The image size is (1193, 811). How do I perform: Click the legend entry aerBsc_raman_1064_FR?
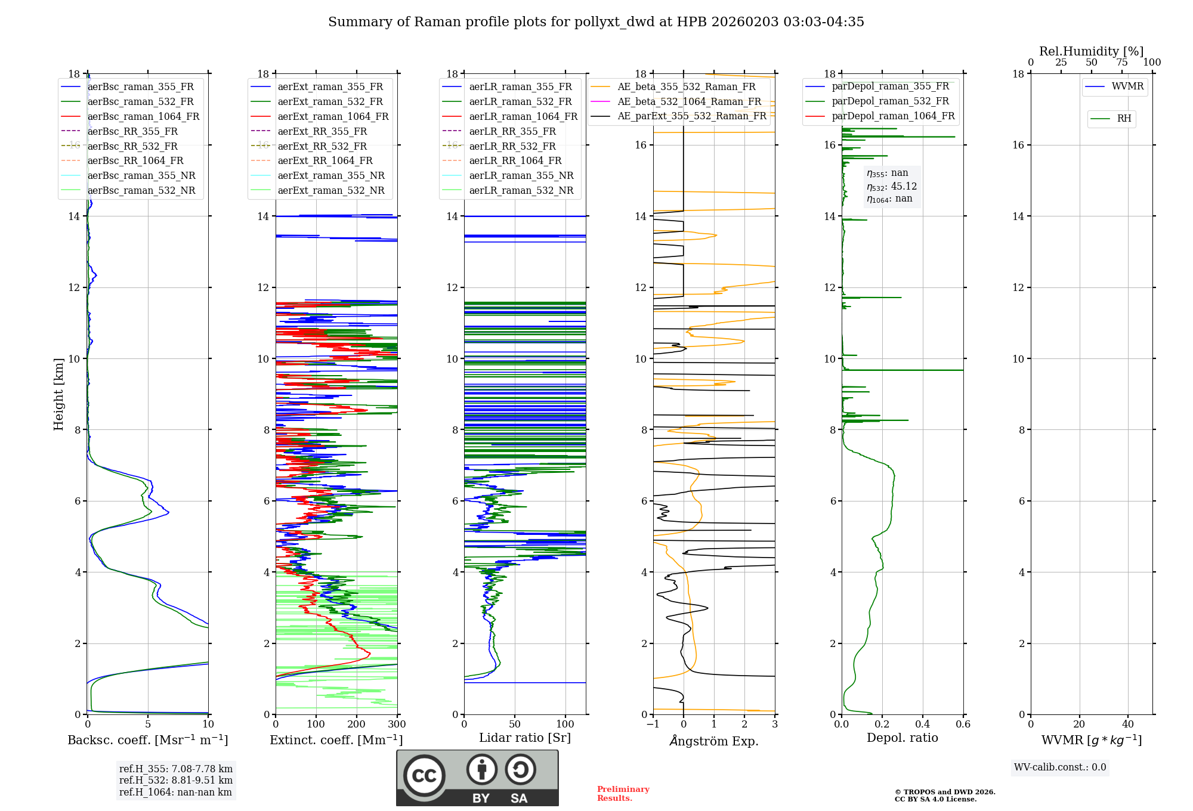click(x=143, y=117)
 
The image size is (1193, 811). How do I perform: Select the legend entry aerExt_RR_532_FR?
click(x=322, y=146)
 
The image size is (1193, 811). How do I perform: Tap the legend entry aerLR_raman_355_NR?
click(x=521, y=176)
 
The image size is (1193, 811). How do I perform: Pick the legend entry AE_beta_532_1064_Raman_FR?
click(x=689, y=101)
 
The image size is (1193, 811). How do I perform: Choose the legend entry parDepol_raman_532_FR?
click(x=889, y=101)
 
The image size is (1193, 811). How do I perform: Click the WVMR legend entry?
click(x=1127, y=86)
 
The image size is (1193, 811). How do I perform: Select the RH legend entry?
click(x=1124, y=119)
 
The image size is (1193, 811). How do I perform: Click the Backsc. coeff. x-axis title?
click(x=147, y=740)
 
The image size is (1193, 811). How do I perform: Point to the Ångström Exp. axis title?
click(x=713, y=741)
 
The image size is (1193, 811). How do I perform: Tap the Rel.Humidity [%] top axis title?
click(x=1091, y=51)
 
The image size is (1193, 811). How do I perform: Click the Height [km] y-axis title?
click(x=58, y=394)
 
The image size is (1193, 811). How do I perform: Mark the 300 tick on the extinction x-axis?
click(x=397, y=725)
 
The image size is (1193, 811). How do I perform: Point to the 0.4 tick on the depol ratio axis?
click(x=922, y=725)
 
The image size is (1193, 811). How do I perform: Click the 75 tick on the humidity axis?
click(x=1121, y=63)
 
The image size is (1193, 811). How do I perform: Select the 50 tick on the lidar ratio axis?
click(x=515, y=725)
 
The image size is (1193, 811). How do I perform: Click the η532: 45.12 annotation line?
click(x=891, y=187)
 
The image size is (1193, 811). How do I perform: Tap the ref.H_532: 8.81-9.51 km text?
click(x=175, y=781)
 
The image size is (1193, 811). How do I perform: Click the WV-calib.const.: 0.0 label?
click(x=1059, y=767)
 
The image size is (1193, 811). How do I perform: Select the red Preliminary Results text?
click(x=623, y=794)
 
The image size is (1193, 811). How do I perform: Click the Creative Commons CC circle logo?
click(x=424, y=776)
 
